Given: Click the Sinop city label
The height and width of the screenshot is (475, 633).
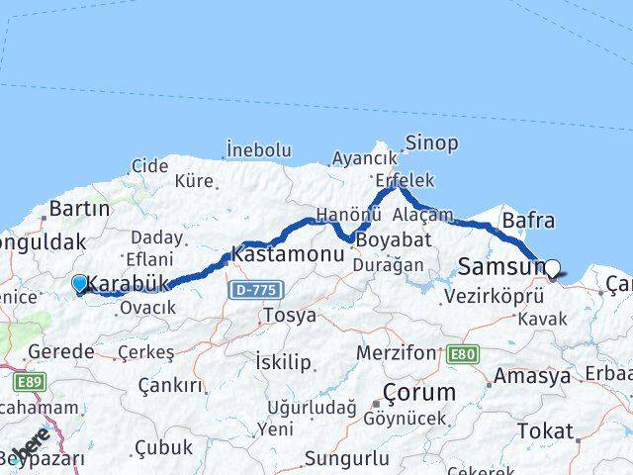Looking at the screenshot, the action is pos(431,143).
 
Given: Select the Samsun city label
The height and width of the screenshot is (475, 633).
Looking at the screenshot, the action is pos(501,266).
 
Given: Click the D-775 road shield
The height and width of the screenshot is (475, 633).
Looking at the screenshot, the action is pos(255,290).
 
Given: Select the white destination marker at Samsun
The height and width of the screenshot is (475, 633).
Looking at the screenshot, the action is pos(552,267).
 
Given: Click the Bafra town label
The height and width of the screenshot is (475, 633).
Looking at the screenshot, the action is pos(528,220).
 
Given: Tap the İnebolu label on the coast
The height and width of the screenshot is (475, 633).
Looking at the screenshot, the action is pos(258,150).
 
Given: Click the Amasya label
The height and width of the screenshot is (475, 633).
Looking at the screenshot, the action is pos(532,376).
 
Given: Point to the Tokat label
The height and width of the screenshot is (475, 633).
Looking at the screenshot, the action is pos(544,431).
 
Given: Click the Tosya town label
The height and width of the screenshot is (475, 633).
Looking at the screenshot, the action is pos(289,316).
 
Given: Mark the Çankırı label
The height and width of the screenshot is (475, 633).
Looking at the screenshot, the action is pos(169,385).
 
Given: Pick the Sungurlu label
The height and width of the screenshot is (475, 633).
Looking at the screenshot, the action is pos(346,458).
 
